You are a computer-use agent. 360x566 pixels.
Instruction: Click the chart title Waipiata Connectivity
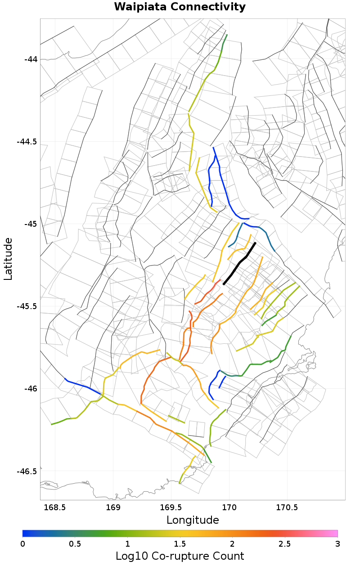click(x=180, y=7)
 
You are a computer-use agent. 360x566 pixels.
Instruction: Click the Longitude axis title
click(x=193, y=520)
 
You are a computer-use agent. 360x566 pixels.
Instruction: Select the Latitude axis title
click(x=8, y=259)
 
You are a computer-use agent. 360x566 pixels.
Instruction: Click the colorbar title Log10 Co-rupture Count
click(x=180, y=556)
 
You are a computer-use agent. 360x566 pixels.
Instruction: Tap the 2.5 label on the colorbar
click(x=285, y=544)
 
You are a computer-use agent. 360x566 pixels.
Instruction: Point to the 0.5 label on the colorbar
click(x=75, y=544)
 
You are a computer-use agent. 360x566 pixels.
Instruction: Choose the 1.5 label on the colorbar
click(x=180, y=544)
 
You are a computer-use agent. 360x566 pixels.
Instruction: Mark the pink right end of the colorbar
click(x=335, y=534)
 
